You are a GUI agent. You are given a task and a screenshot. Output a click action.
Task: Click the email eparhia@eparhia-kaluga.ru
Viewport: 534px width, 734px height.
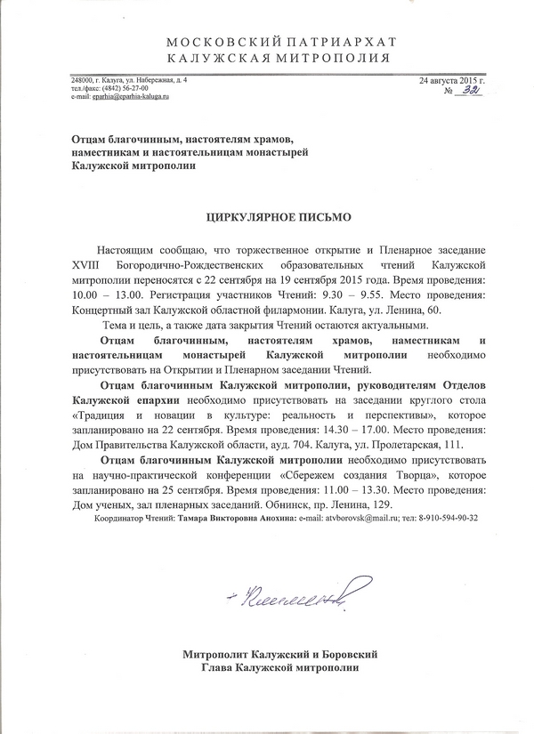pos(122,96)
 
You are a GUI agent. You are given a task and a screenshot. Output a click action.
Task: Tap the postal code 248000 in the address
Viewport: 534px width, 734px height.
pos(84,82)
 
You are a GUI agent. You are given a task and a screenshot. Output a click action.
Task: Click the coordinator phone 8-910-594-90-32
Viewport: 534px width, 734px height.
pos(440,519)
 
